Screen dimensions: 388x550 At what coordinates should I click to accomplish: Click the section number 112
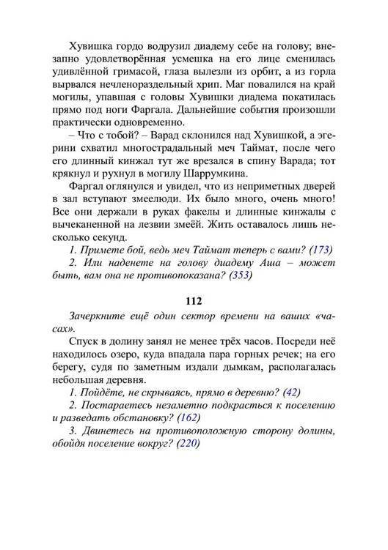tap(194, 301)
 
